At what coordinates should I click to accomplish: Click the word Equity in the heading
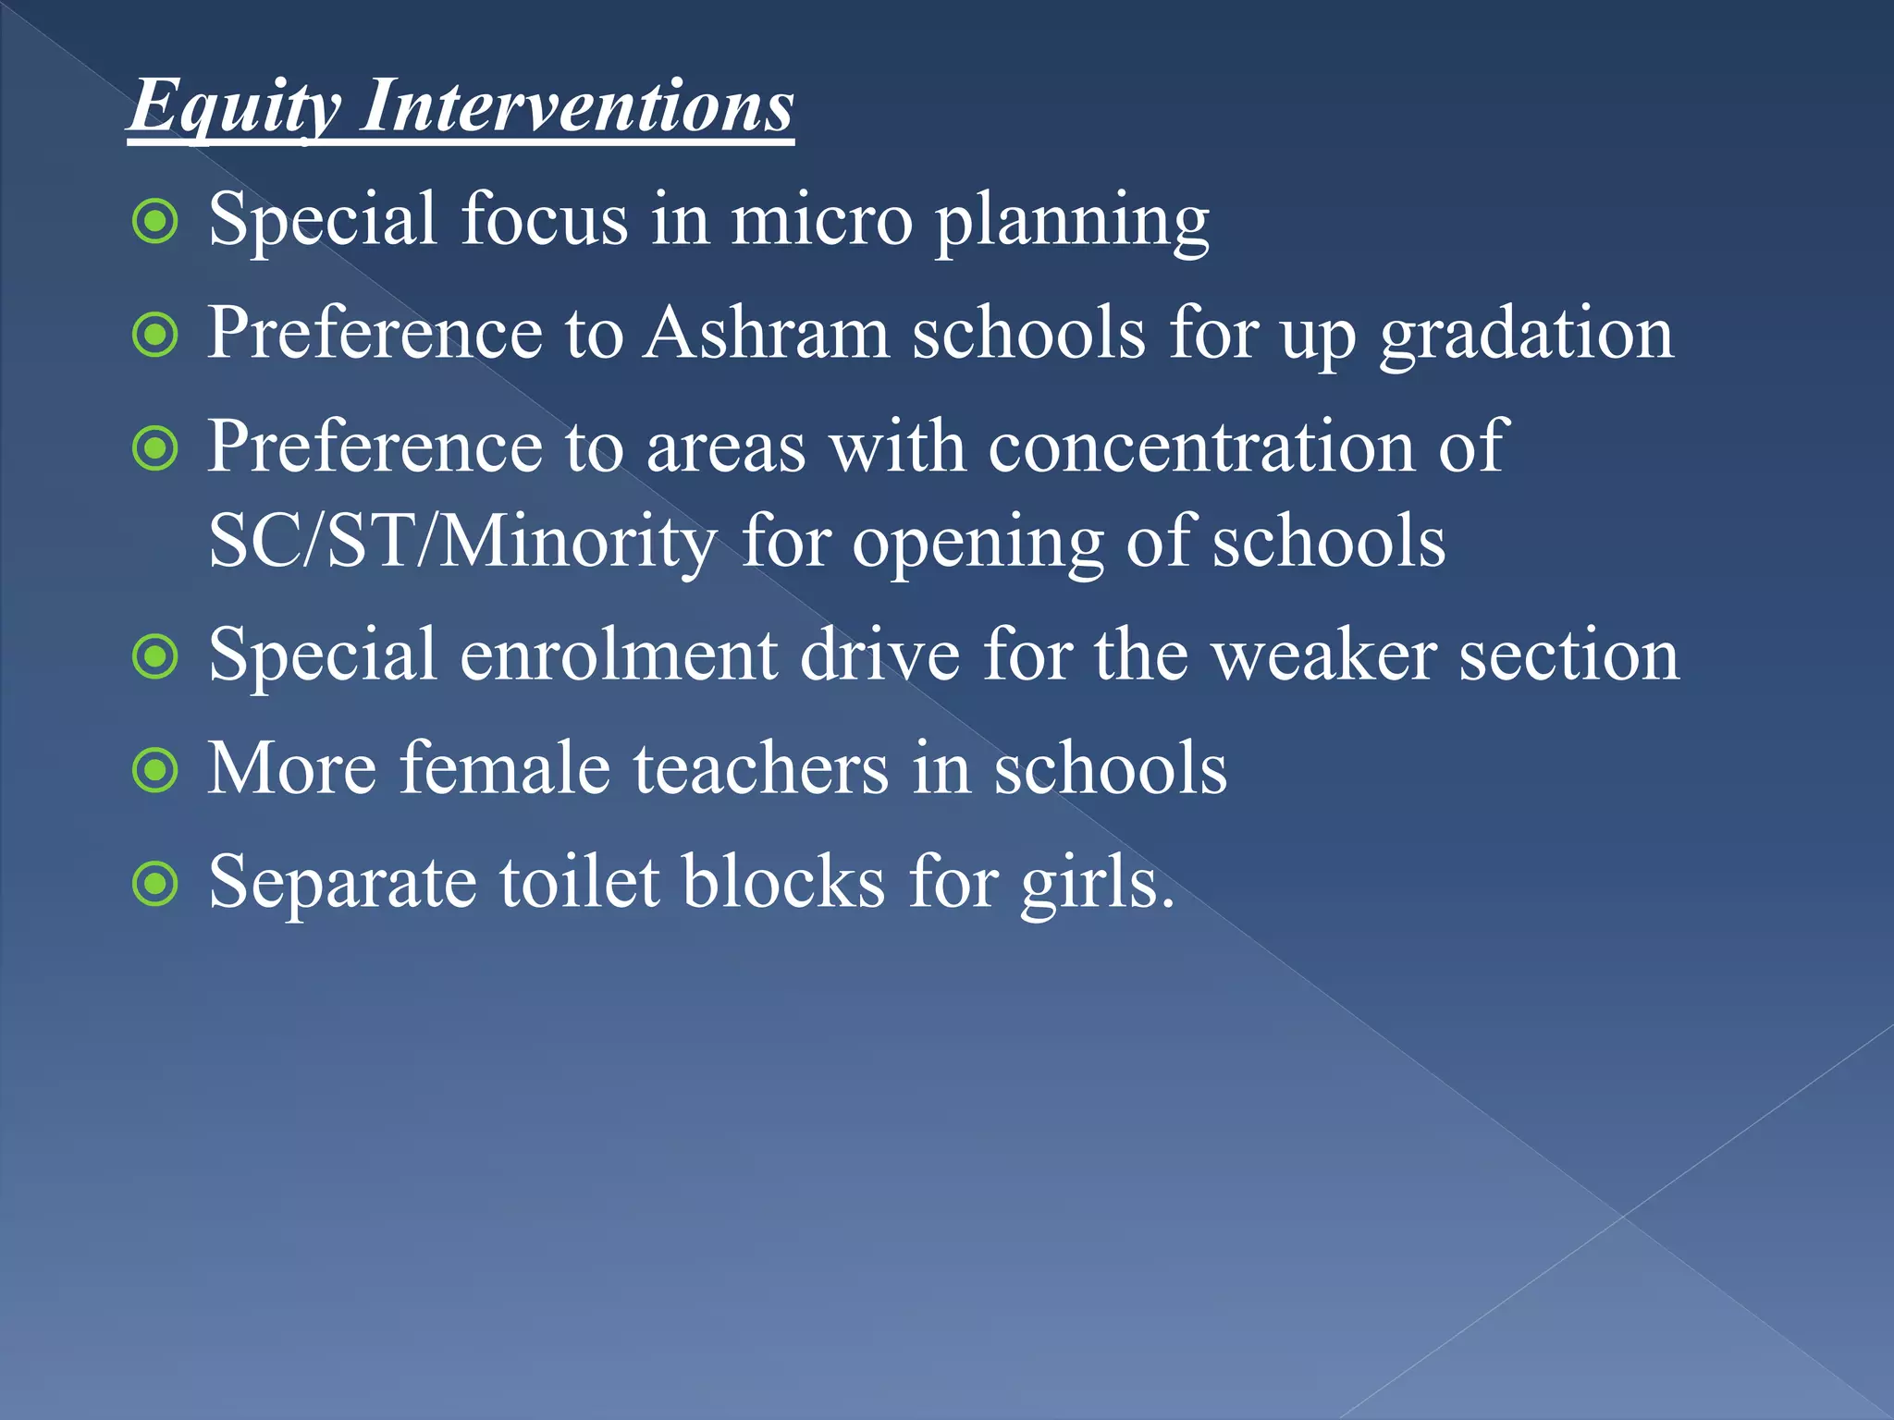coord(234,107)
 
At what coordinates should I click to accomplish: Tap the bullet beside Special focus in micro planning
coord(155,222)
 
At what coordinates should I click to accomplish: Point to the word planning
coord(1072,222)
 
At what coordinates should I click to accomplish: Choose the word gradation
coord(1526,335)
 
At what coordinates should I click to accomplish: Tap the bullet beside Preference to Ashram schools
coord(155,336)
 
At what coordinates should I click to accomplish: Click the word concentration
coord(1201,447)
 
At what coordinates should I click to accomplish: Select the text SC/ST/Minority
coord(462,542)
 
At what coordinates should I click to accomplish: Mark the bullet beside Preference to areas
coord(155,449)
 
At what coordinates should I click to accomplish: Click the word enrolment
coord(619,655)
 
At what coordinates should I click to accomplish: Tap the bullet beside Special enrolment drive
coord(155,657)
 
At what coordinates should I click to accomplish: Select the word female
coord(505,768)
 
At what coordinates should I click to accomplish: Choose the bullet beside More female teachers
coord(155,771)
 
